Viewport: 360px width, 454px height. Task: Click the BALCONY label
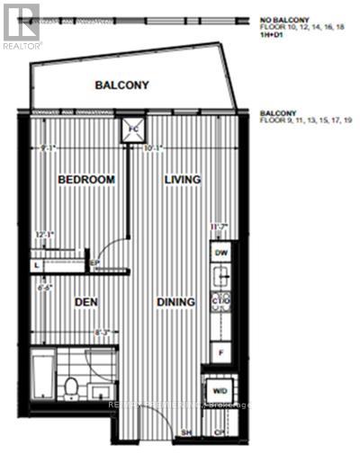pos(122,85)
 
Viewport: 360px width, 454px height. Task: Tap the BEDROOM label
pos(86,180)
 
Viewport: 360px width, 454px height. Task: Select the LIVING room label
pos(183,180)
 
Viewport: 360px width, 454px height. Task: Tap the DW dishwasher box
pos(221,254)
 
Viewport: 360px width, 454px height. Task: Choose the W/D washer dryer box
pos(220,392)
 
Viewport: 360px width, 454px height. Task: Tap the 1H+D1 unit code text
pos(270,35)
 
